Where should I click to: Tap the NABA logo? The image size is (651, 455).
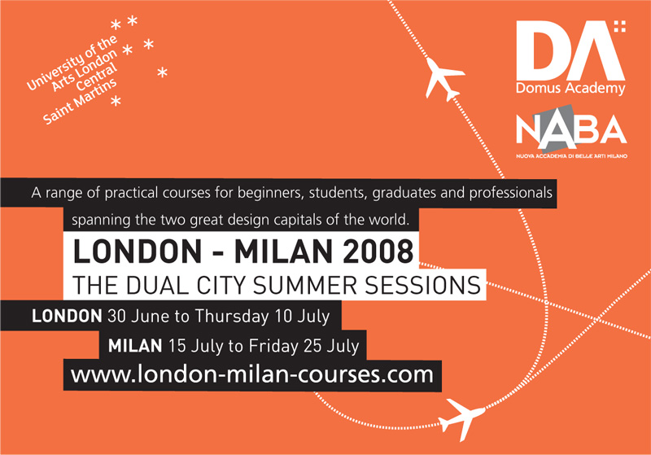pos(570,129)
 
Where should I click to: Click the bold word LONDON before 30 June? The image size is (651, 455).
pos(67,315)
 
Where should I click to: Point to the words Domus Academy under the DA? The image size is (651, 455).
pos(570,87)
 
